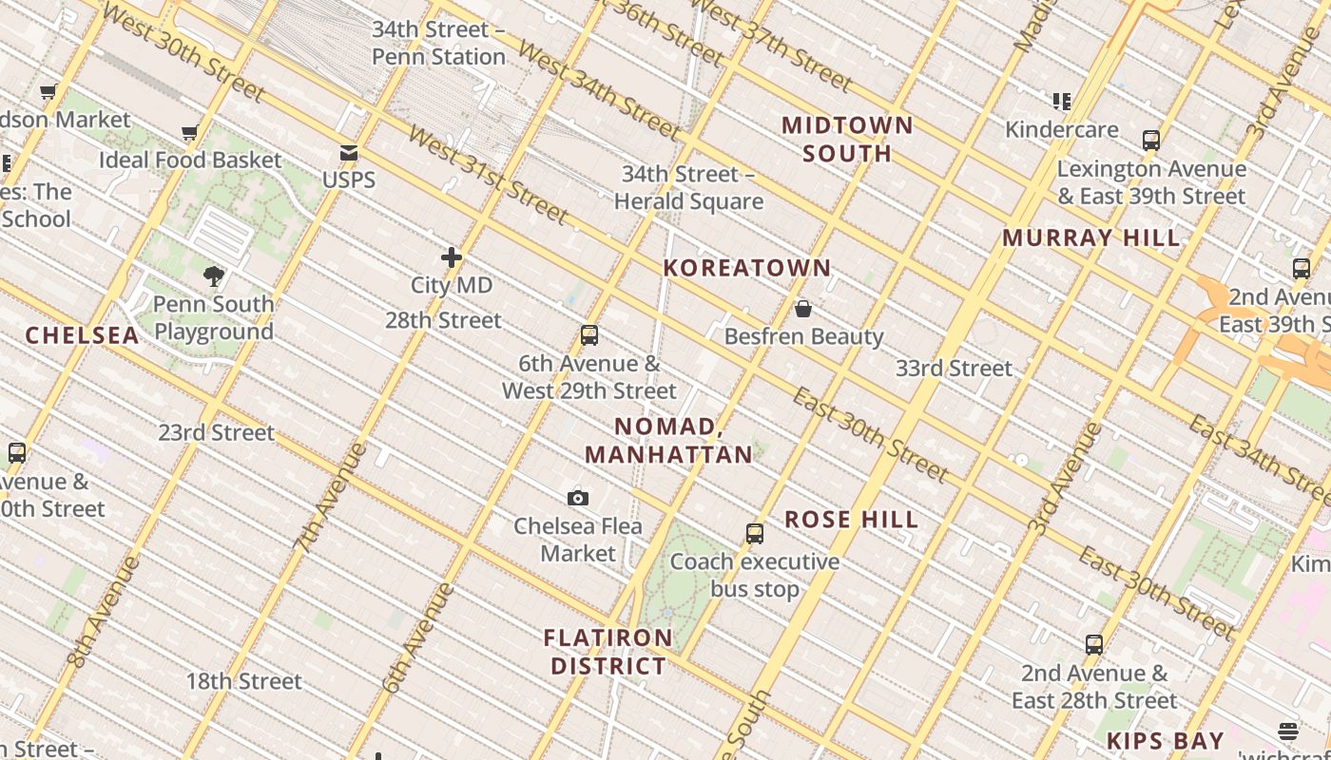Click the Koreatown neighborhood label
(747, 268)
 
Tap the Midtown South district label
(847, 140)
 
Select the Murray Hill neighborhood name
(1091, 237)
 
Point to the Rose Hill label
(851, 520)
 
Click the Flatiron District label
(608, 652)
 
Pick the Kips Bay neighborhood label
(1165, 741)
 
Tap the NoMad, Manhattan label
(668, 440)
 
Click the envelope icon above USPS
(349, 153)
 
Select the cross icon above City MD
(452, 257)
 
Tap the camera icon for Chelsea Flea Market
(578, 498)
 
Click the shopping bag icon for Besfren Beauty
(803, 309)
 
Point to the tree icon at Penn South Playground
(214, 276)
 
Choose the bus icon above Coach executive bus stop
(755, 534)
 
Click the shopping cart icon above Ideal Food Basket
(190, 132)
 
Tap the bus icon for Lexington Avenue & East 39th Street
(1151, 141)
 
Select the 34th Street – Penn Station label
(438, 43)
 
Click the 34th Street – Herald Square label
(688, 187)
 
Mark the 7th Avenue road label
(329, 498)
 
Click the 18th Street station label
(243, 681)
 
